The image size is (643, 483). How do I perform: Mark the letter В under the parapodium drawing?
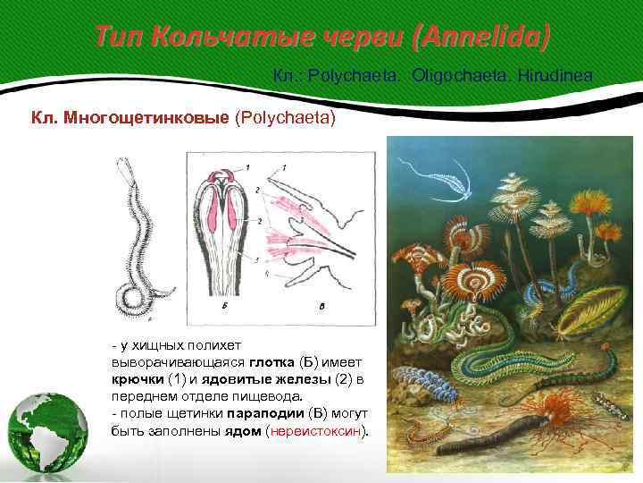click(322, 305)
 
